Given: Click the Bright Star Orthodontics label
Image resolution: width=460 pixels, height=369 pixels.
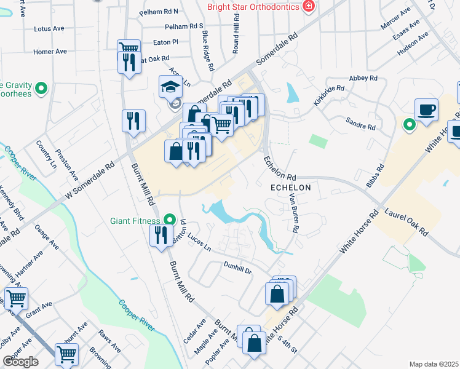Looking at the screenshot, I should tap(253, 7).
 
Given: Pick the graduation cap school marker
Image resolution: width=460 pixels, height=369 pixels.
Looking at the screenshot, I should tap(170, 87).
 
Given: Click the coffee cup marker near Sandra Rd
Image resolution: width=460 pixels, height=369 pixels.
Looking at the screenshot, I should tap(426, 110).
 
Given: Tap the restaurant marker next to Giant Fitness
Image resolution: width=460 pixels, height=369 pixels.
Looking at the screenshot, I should tap(161, 234).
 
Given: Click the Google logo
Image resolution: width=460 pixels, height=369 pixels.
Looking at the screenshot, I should tap(20, 361).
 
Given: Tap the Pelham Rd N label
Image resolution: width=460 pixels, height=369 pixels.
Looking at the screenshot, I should tap(158, 11).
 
